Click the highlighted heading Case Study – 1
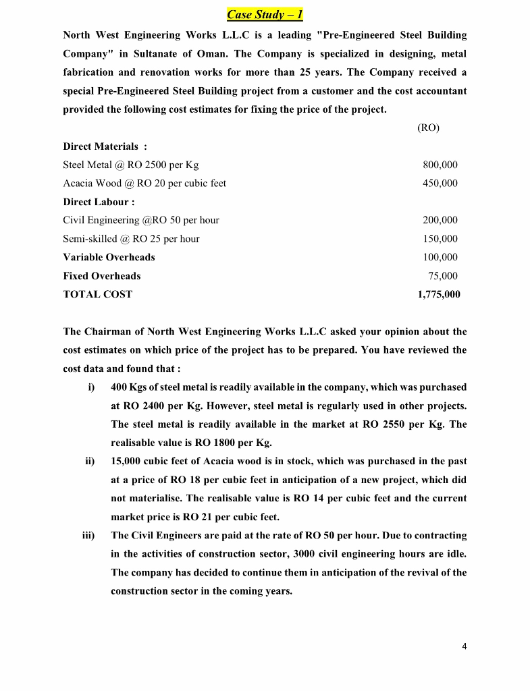(x=265, y=14)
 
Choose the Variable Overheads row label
(x=109, y=257)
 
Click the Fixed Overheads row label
(x=102, y=275)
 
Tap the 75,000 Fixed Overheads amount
(x=442, y=275)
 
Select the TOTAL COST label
(x=97, y=294)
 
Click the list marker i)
(x=91, y=387)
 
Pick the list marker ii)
(x=90, y=462)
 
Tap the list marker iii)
(x=88, y=535)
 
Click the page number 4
(x=464, y=646)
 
